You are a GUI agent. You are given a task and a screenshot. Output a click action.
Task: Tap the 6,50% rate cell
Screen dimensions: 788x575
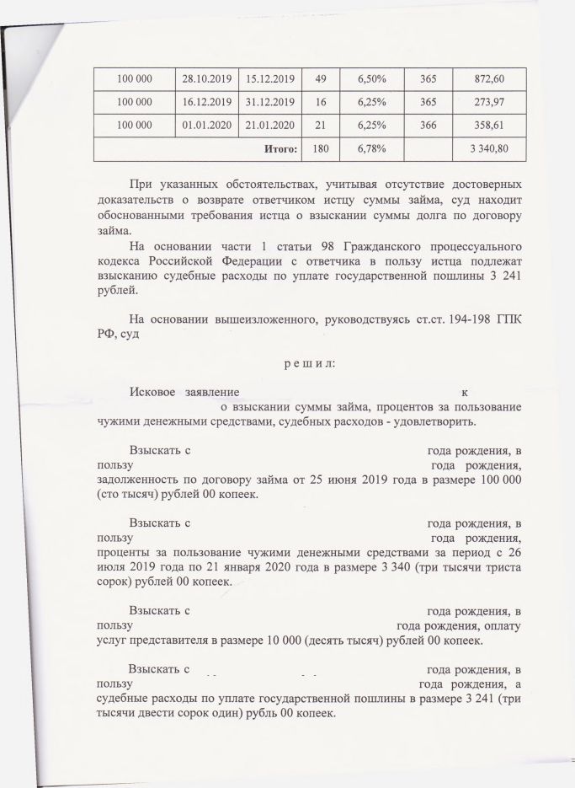[x=371, y=78]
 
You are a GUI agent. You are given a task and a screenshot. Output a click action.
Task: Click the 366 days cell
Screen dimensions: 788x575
[x=428, y=126]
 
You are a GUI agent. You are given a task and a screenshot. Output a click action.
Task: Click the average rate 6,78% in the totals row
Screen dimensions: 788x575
[x=371, y=149]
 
